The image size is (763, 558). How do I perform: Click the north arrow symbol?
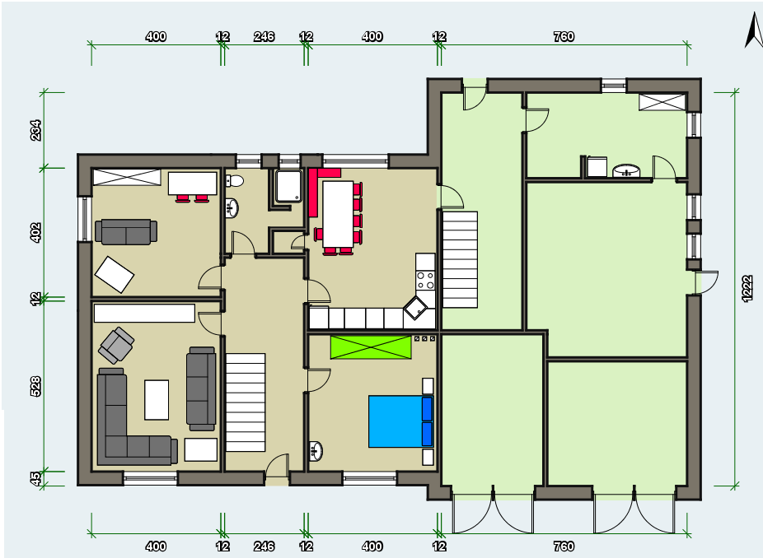[754, 30]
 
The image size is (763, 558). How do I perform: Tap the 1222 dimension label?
[747, 289]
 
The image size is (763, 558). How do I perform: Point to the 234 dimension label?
[35, 130]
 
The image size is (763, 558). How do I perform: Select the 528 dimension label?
[35, 387]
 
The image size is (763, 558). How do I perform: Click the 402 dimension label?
[35, 232]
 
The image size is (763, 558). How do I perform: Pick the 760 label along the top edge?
[564, 36]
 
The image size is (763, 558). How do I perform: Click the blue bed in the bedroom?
[401, 421]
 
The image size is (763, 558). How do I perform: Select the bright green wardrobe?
[371, 347]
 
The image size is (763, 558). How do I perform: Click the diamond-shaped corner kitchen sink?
[415, 307]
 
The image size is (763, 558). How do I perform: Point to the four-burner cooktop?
[425, 281]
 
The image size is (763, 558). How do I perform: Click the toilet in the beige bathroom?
[235, 181]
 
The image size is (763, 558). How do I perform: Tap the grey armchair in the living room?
[116, 345]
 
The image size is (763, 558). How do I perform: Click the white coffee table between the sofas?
[157, 400]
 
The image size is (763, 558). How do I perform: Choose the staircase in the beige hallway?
[246, 402]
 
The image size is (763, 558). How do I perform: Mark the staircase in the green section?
[460, 259]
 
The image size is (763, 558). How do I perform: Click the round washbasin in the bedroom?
[316, 450]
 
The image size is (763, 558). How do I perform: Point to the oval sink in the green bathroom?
[626, 170]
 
